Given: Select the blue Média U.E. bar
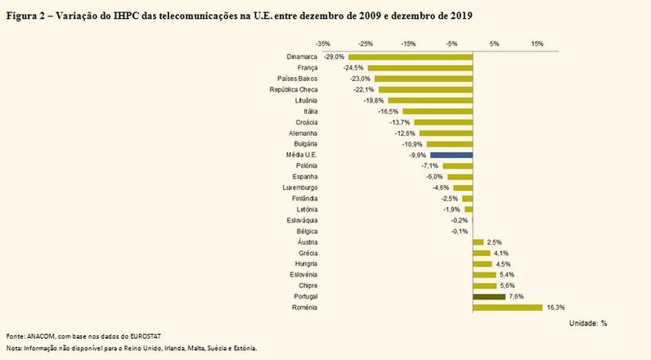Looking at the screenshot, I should tap(451, 154).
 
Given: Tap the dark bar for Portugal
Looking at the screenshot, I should tap(489, 296).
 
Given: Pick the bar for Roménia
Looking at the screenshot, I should tap(508, 308).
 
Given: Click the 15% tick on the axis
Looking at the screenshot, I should tap(537, 43).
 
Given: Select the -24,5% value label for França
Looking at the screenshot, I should tap(355, 68).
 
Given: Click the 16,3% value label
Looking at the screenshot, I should tap(555, 308).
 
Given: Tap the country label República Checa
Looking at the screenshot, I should tap(294, 89).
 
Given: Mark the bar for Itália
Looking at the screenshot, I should tap(438, 111).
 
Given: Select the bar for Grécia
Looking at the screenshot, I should tap(481, 253).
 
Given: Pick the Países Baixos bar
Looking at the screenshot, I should tap(424, 79).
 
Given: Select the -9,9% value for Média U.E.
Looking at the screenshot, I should tap(417, 155).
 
